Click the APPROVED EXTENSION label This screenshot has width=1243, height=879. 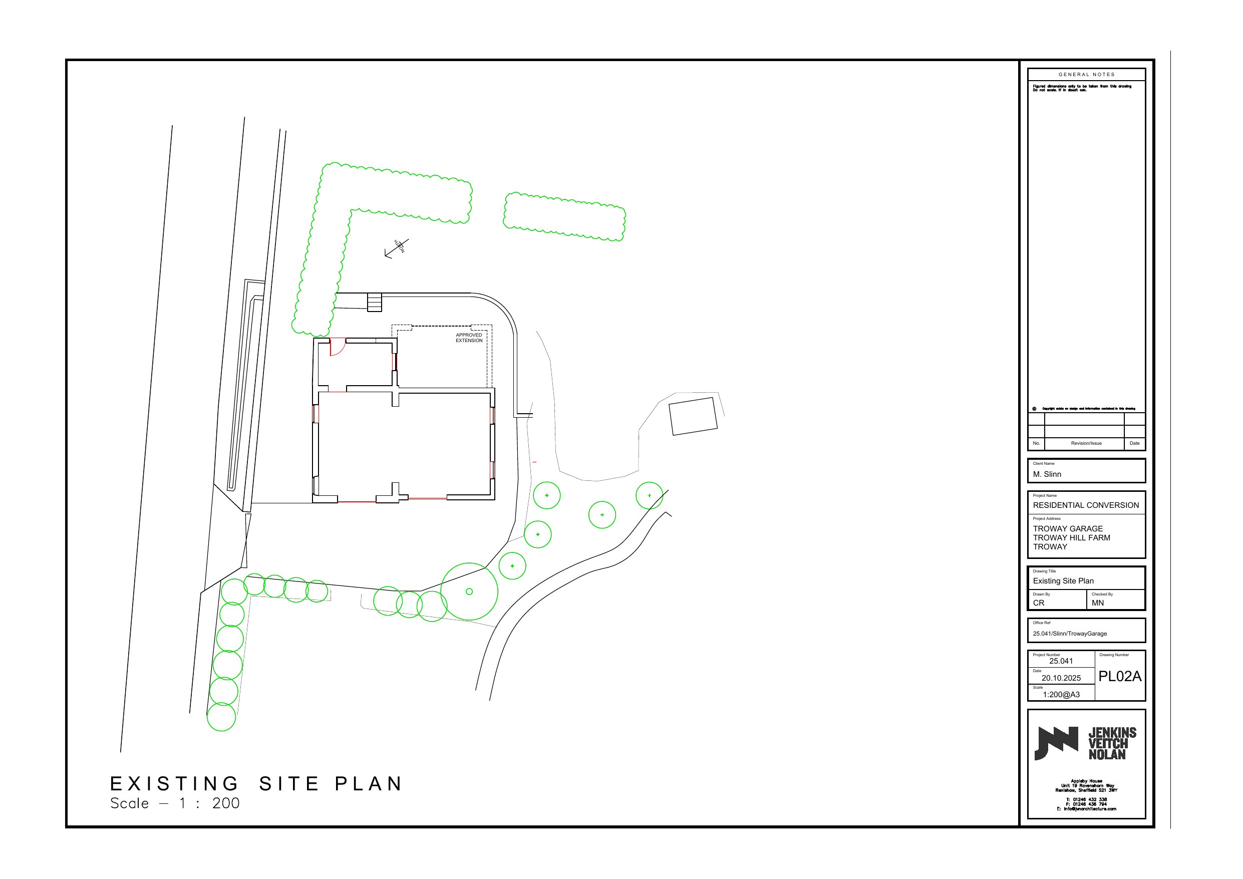[469, 338]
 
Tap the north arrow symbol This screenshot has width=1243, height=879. [397, 247]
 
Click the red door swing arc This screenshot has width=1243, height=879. [338, 347]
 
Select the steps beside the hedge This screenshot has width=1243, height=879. [375, 302]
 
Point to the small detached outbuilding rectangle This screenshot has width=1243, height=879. [693, 416]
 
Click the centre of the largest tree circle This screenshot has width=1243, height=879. [469, 592]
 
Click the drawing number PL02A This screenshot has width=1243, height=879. [1120, 677]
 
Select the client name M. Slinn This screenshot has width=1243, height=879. [1047, 474]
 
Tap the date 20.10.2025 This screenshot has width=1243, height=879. [1061, 678]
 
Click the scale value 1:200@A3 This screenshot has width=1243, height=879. [1061, 695]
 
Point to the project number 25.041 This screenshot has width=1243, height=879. [1061, 661]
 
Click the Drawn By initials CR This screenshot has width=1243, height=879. [1038, 603]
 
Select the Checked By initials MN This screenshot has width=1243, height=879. [1097, 603]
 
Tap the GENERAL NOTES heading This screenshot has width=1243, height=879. [1087, 75]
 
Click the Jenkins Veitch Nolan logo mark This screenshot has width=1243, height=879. [1056, 743]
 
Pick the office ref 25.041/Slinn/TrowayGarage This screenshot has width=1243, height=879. [1070, 634]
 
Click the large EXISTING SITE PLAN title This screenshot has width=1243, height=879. [256, 784]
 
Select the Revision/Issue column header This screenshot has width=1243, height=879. [1086, 443]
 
